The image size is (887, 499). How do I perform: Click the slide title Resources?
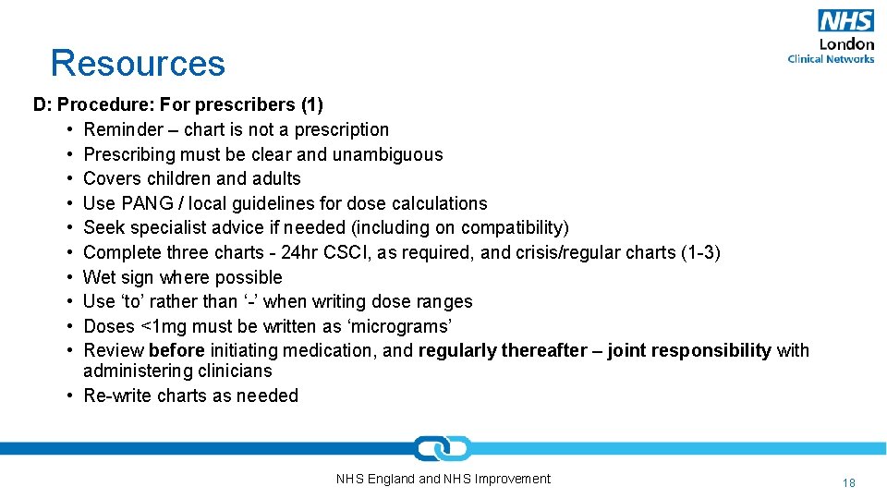point(138,63)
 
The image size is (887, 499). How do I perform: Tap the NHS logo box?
point(845,21)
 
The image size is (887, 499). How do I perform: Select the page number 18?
point(849,482)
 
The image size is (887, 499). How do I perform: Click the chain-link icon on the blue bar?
point(443,448)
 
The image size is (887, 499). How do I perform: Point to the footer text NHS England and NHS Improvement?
point(443,479)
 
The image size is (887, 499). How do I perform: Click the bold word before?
point(176,350)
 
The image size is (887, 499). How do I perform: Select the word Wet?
point(99,277)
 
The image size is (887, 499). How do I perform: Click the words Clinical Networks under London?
point(831,59)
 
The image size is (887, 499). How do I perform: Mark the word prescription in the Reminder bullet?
point(342,129)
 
